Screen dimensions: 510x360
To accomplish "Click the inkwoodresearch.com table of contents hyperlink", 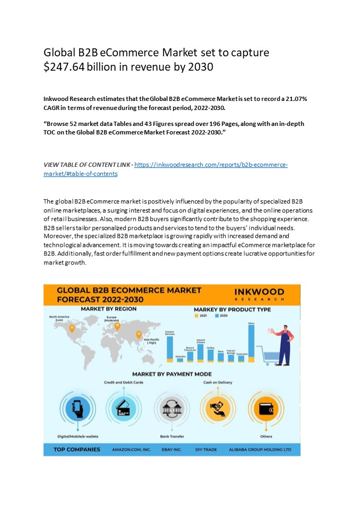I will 211,165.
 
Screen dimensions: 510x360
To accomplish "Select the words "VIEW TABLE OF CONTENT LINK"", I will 87,165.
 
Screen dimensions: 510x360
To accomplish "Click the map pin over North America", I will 72,328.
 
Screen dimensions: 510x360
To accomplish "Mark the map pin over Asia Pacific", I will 139,335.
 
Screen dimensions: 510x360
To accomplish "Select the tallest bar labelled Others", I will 251,343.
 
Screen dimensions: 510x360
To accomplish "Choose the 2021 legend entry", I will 200,316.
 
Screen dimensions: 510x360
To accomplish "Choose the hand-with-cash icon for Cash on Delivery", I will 217,408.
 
